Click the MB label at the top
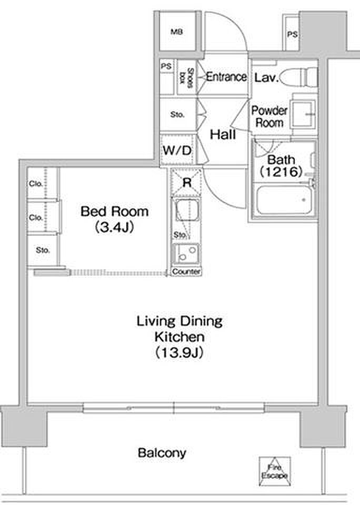coord(177,32)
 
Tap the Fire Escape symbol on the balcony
coord(275,471)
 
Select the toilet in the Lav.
coord(299,77)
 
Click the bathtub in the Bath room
coord(284,200)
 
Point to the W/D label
coord(177,150)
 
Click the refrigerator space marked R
coord(187,183)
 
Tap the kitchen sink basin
coord(186,210)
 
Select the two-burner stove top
coord(186,254)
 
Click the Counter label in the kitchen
coord(186,271)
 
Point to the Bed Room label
coord(114,211)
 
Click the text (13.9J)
coord(179,352)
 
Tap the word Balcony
coord(162,453)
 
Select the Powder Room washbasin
coord(303,114)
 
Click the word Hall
coord(223,134)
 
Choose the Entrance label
coord(226,77)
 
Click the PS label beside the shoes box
coord(166,66)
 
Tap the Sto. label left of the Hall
coord(177,114)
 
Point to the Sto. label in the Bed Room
coord(43,250)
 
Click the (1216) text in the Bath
coord(282,172)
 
